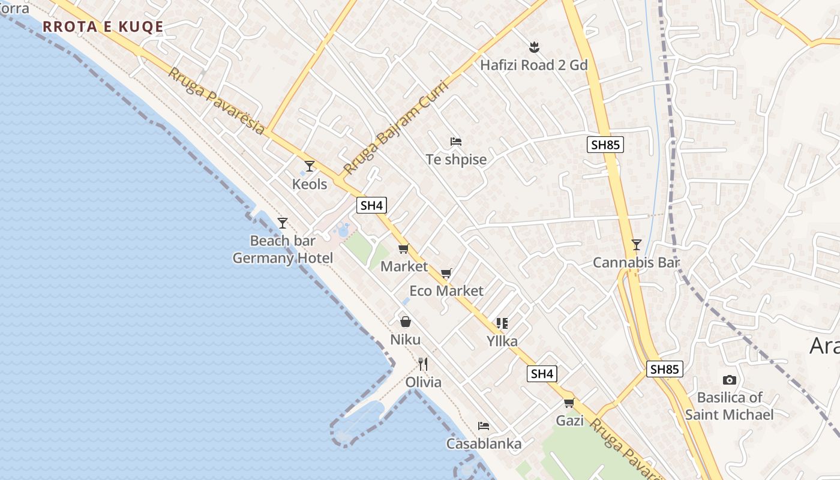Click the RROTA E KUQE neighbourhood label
pos(103,27)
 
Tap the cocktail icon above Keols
pos(310,166)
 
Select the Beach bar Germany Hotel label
pos(283,250)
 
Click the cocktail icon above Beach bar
pos(283,223)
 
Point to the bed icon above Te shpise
pos(456,142)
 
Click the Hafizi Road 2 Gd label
pos(533,65)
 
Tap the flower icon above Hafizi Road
pos(533,47)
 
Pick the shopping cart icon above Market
pos(404,248)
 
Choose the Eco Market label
pos(446,291)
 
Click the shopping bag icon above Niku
pos(406,322)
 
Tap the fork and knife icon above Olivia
pos(423,364)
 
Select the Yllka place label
pos(502,341)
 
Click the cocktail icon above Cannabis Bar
pos(637,245)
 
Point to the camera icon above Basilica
pos(730,380)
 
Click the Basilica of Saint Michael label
pos(730,406)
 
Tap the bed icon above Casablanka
pos(484,426)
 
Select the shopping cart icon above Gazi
pos(569,403)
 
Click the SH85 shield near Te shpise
pos(605,145)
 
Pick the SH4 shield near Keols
pos(371,205)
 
